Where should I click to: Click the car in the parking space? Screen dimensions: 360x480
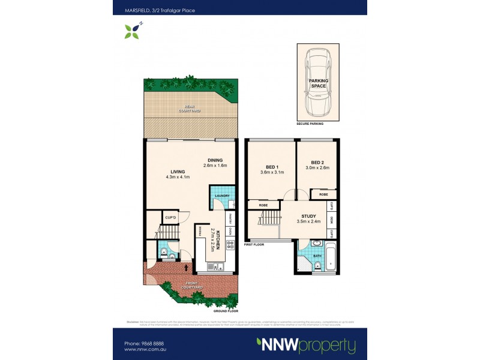318,82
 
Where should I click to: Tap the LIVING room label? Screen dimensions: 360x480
178,171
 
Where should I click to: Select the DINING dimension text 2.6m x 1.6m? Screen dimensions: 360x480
216,165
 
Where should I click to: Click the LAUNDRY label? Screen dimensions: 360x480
221,196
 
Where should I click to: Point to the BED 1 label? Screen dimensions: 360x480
271,166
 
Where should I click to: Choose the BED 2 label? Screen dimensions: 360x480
317,163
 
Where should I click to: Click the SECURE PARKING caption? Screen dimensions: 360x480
310,124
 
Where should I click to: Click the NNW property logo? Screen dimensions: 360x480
306,346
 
